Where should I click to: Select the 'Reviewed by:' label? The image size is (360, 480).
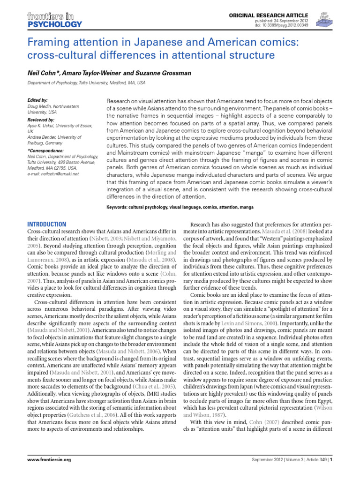tap(41, 120)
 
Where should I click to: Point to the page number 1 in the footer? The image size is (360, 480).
tap(331, 460)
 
